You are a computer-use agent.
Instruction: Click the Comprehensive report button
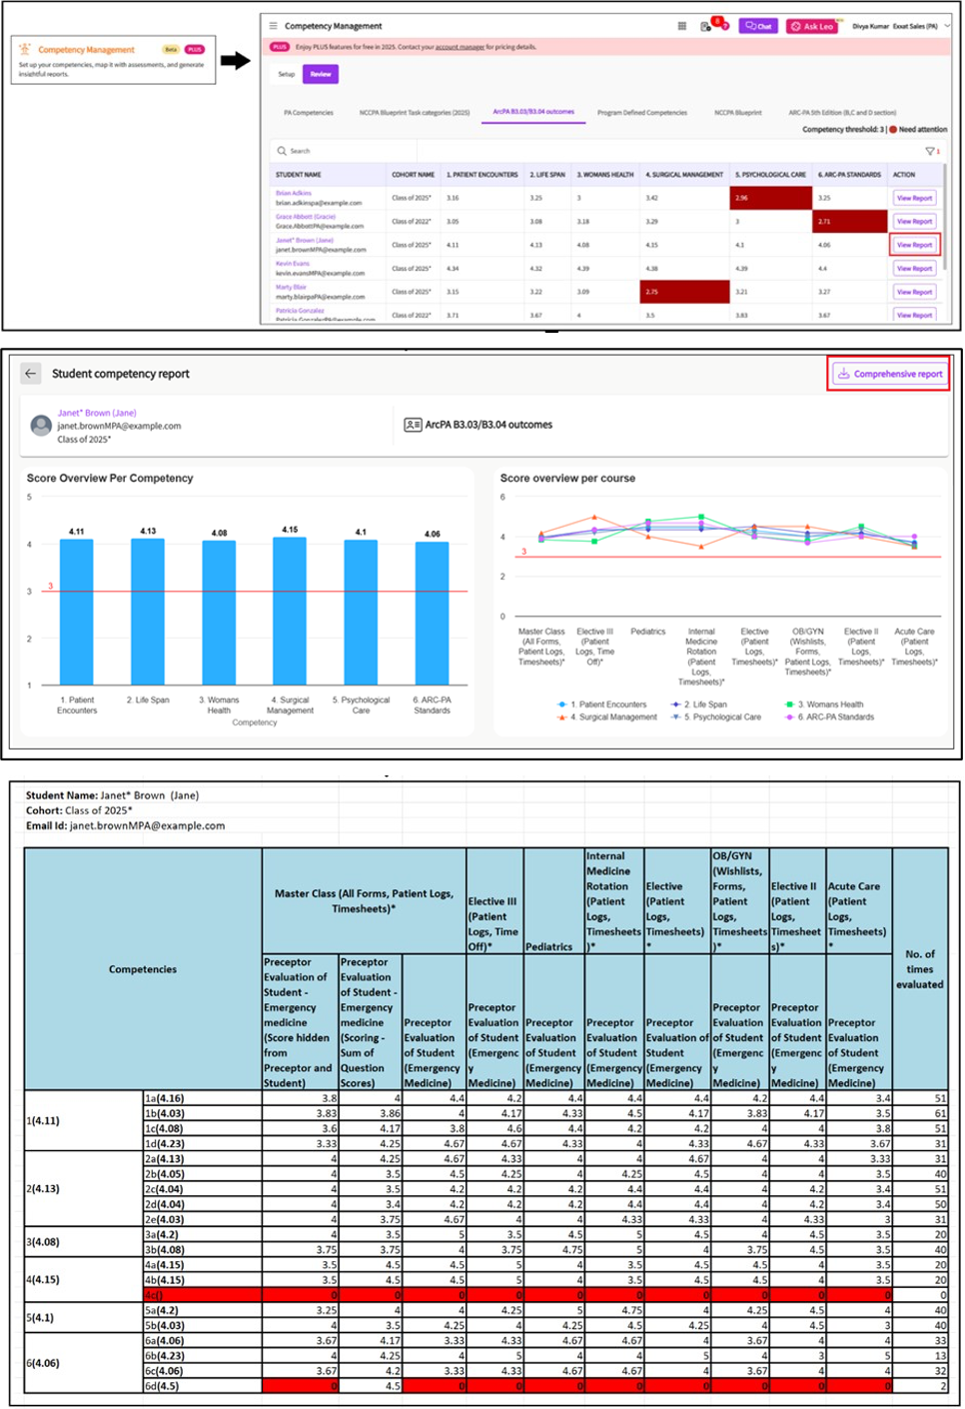(889, 374)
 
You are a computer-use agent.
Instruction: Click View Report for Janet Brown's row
(914, 245)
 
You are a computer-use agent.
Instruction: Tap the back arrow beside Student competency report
(31, 374)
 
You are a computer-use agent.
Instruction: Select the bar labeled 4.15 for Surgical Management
(290, 612)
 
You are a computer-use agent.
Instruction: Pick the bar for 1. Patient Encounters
(77, 612)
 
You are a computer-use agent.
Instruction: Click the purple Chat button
(758, 26)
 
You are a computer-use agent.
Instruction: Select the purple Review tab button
(321, 74)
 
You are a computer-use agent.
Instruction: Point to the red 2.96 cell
(771, 198)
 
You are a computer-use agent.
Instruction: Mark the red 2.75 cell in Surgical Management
(684, 292)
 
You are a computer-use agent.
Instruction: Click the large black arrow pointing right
(236, 61)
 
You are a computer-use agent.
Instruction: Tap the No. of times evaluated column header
(919, 969)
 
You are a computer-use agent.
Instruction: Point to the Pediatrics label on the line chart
(648, 632)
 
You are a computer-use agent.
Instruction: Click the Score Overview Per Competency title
(110, 479)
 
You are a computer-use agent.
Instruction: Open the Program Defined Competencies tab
(642, 113)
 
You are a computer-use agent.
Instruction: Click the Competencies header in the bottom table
(143, 969)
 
